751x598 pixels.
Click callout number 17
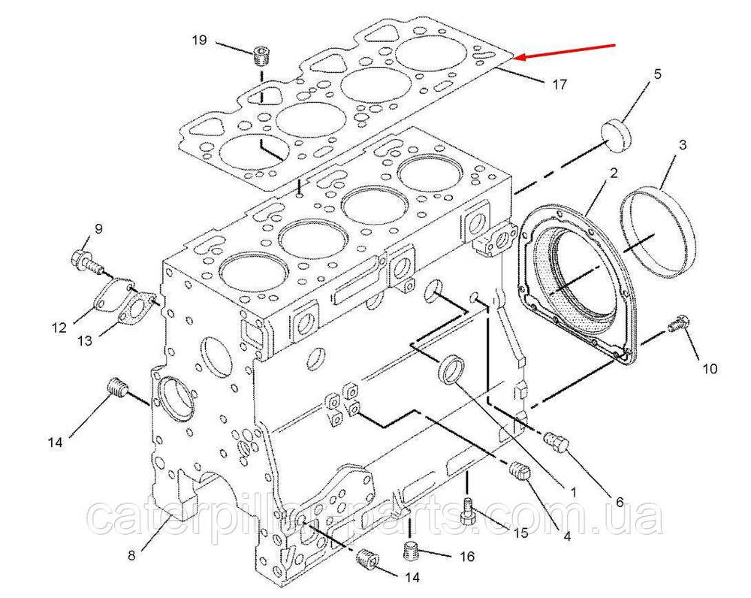click(559, 85)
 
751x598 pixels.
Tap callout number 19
click(199, 40)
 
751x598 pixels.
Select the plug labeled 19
click(261, 57)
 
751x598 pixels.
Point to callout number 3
click(683, 144)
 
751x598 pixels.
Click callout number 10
click(710, 368)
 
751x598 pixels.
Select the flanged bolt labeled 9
click(87, 262)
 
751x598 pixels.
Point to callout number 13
click(84, 340)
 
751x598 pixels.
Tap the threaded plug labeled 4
click(520, 473)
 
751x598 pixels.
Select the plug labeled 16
click(412, 551)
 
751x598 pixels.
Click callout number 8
click(131, 555)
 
